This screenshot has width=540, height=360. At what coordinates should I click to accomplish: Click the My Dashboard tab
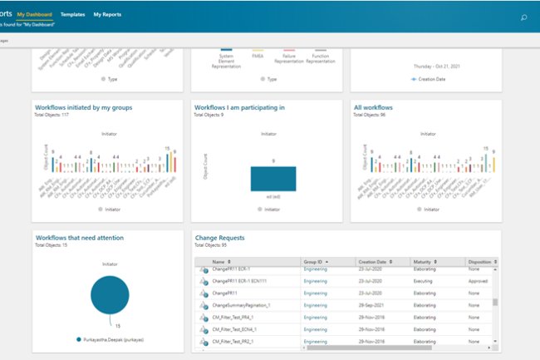pyautogui.click(x=39, y=14)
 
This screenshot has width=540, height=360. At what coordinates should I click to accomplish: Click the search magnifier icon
pyautogui.click(x=523, y=17)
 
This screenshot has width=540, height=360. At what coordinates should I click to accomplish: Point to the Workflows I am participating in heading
pyautogui.click(x=239, y=107)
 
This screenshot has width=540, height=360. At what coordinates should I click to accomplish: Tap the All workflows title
pyautogui.click(x=373, y=107)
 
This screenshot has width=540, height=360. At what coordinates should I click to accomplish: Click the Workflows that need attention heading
pyautogui.click(x=80, y=238)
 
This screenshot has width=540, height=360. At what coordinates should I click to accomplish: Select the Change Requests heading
pyautogui.click(x=225, y=238)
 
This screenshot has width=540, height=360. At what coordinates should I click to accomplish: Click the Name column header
pyautogui.click(x=218, y=261)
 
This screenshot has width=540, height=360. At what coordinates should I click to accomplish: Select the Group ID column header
pyautogui.click(x=315, y=261)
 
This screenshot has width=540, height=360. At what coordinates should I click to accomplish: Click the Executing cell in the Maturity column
pyautogui.click(x=426, y=282)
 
